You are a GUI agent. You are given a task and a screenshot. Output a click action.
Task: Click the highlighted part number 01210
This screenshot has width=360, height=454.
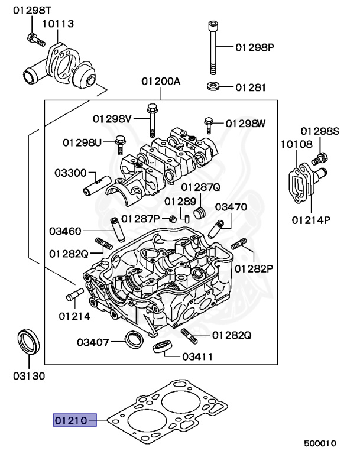pyautogui.click(x=71, y=420)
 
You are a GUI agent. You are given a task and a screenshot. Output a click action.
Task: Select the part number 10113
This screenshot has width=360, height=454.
pyautogui.click(x=57, y=24)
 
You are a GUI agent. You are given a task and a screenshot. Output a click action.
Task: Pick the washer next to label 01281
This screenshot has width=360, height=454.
pyautogui.click(x=215, y=87)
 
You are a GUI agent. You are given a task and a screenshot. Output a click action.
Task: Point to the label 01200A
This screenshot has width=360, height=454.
pyautogui.click(x=161, y=82)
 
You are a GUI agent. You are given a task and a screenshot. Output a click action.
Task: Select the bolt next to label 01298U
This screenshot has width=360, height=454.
pyautogui.click(x=121, y=142)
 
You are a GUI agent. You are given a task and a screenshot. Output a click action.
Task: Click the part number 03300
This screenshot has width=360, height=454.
pyautogui.click(x=71, y=173)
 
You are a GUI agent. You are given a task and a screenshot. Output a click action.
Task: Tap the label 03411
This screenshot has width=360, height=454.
pyautogui.click(x=197, y=356)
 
